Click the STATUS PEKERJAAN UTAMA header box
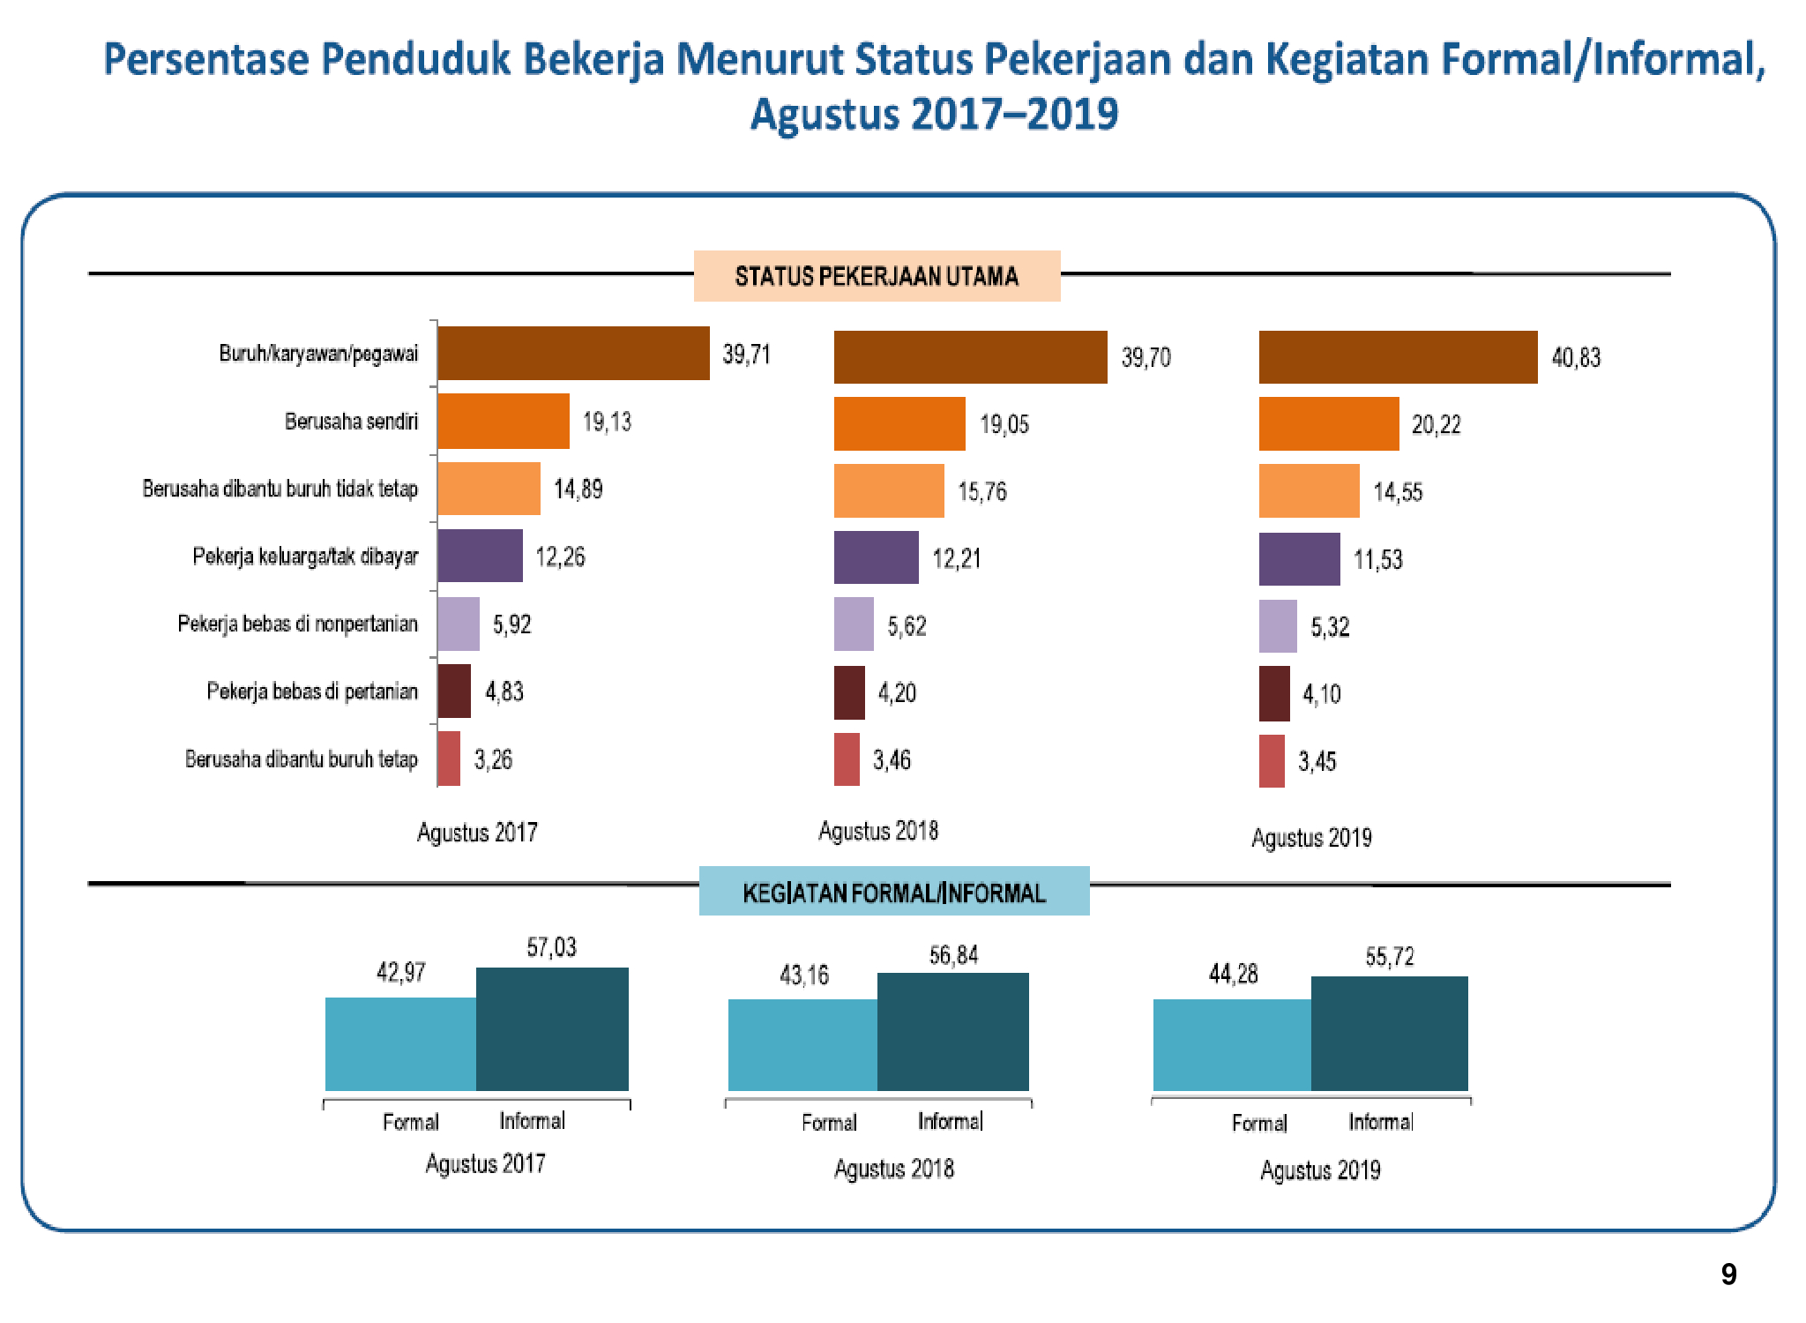877,276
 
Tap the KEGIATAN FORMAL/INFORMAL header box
894,892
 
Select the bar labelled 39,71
573,354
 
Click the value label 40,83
1576,357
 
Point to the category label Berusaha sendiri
351,422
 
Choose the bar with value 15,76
889,490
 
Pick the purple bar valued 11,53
1299,559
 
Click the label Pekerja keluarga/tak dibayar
305,557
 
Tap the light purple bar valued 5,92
459,624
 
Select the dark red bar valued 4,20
849,692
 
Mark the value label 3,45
1317,761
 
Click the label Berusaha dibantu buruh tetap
301,759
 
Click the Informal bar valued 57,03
552,1028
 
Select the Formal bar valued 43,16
802,1044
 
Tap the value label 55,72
1389,957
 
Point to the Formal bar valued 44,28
1232,1044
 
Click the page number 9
1728,1274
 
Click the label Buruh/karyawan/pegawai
318,354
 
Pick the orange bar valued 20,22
1328,424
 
